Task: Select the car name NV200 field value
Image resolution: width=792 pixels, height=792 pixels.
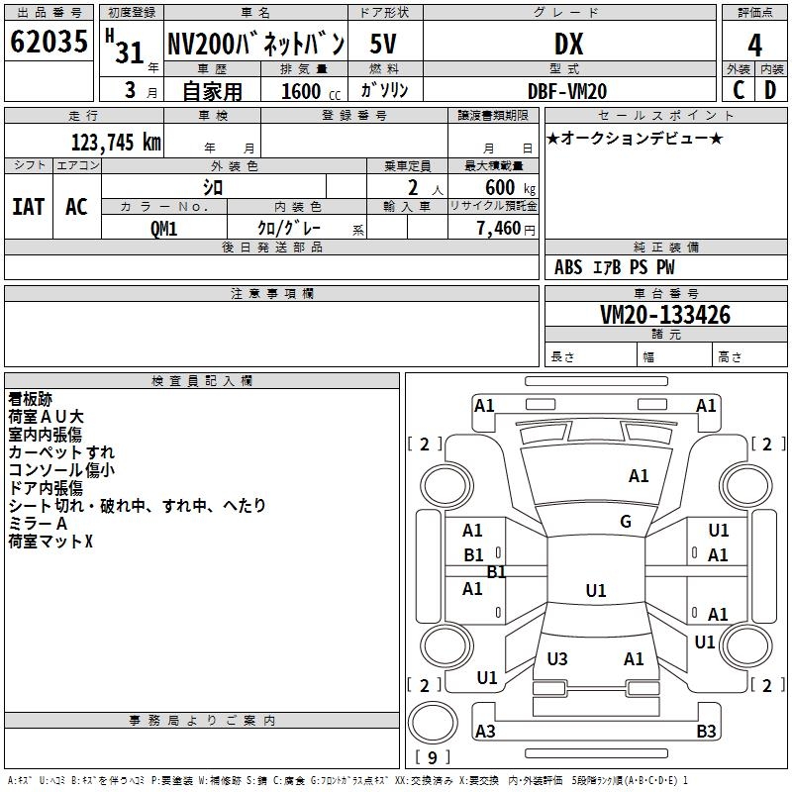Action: (x=255, y=44)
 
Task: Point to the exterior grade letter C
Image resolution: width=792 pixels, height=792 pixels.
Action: (x=739, y=90)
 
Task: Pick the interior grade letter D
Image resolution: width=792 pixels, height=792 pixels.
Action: (x=770, y=90)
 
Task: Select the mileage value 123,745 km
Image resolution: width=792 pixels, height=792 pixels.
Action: (x=116, y=142)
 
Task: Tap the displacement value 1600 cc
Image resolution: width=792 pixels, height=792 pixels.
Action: (x=309, y=92)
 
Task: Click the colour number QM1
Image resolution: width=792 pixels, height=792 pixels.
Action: (x=163, y=228)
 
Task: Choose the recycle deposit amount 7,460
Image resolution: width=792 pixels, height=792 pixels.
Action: (x=498, y=229)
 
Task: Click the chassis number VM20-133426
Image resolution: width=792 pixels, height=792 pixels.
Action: (x=665, y=315)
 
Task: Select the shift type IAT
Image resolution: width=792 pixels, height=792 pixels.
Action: (x=28, y=207)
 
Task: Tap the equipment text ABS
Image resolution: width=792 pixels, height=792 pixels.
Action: (x=568, y=267)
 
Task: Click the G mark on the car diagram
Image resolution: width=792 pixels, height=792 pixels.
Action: (x=626, y=522)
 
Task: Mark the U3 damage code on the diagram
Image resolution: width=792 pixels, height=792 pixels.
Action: (x=557, y=659)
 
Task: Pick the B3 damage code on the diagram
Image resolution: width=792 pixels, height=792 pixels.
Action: (x=706, y=732)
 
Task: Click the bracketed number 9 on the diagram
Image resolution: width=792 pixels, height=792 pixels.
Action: (x=432, y=758)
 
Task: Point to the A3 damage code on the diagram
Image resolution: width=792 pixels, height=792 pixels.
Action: (x=485, y=732)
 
